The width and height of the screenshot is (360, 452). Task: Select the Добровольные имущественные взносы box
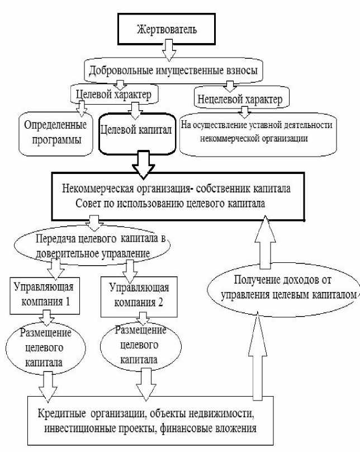[x=174, y=70]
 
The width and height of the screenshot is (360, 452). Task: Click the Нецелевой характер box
[x=240, y=100]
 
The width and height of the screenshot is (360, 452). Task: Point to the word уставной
[x=268, y=125]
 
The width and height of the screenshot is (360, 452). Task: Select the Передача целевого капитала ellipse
[x=93, y=245]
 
